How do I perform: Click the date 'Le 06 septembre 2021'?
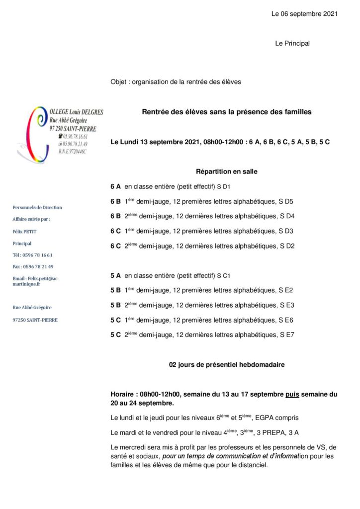pos(304,14)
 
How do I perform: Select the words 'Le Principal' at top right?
pos(292,44)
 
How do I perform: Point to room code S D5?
pos(287,202)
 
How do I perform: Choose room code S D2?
pos(287,246)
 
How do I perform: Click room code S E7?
pos(287,335)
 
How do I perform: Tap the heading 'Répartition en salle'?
pos(227,171)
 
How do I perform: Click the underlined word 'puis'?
pos(292,394)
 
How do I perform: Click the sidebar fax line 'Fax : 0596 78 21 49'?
pos(33,266)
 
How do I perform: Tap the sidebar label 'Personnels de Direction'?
pos(37,207)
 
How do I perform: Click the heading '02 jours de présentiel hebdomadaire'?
pos(227,365)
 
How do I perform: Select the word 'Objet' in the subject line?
pos(118,82)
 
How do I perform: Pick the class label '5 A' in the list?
pos(115,275)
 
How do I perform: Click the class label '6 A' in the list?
pos(115,187)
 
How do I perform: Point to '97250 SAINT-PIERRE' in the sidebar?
pos(35,320)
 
